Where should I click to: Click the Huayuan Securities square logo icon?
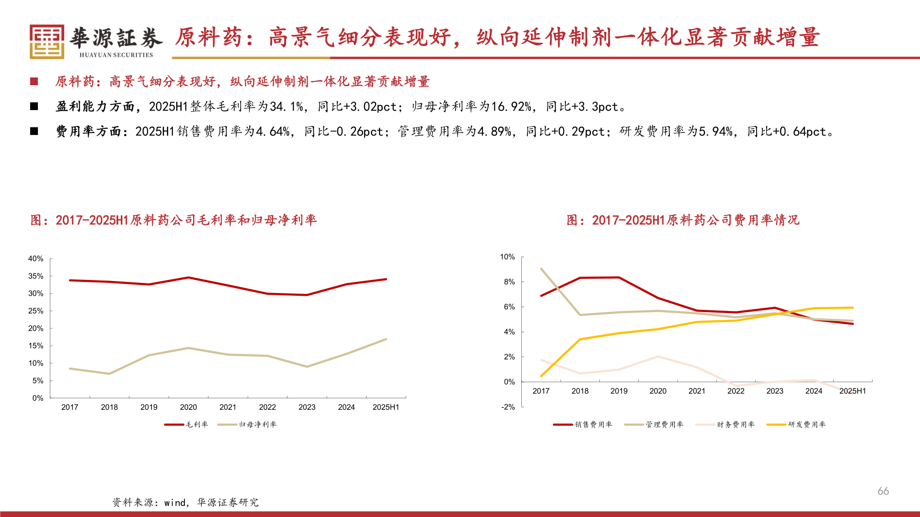[46, 42]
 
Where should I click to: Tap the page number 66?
[883, 491]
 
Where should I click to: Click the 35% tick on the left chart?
[36, 276]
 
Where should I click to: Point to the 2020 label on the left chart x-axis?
[188, 407]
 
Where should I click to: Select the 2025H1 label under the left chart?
[386, 407]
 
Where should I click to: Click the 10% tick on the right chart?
[507, 257]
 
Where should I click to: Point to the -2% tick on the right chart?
[508, 407]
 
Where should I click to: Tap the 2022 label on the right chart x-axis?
[736, 391]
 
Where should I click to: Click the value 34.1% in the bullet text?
[286, 107]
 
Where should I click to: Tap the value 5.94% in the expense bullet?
[715, 132]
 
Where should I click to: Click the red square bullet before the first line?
[34, 82]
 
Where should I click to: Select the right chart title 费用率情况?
[683, 220]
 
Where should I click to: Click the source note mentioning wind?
[185, 503]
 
